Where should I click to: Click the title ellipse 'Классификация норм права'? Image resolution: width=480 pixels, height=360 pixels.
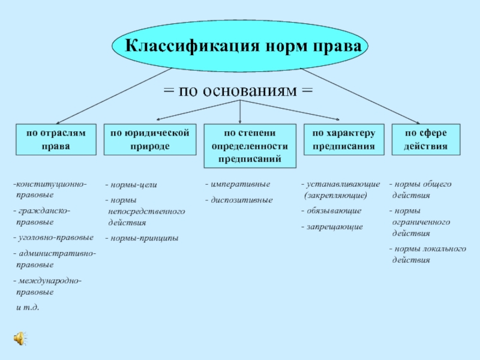[x=240, y=46]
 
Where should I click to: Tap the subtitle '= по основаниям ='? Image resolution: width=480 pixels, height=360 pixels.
[x=238, y=91]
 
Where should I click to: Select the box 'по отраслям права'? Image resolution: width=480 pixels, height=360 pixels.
[x=56, y=140]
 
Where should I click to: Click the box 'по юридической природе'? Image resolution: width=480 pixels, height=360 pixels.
[x=150, y=140]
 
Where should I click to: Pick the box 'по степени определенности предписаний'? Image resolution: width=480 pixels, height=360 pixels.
[x=250, y=146]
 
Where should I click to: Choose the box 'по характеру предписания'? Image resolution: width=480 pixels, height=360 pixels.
[x=344, y=140]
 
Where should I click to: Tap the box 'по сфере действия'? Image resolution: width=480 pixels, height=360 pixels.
[x=426, y=140]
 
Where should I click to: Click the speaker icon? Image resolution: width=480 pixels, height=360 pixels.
[x=20, y=338]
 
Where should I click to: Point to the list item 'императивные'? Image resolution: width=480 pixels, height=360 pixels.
[x=238, y=184]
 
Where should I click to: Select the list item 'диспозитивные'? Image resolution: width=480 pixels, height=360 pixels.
[x=239, y=200]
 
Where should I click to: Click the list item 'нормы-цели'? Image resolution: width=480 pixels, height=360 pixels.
[x=131, y=185]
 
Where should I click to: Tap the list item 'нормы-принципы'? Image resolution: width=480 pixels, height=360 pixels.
[x=142, y=238]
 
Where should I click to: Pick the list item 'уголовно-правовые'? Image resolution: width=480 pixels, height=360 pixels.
[x=53, y=238]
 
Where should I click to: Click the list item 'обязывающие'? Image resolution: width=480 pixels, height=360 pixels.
[x=332, y=211]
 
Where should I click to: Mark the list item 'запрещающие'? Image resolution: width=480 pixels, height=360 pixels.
[x=332, y=227]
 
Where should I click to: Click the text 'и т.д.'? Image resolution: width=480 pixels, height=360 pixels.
[x=28, y=307]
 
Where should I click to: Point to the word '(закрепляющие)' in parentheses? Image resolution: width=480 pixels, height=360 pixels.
[x=335, y=196]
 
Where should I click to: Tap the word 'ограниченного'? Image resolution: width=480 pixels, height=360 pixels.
[x=421, y=222]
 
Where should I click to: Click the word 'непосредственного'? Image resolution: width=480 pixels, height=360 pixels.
[x=146, y=212]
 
